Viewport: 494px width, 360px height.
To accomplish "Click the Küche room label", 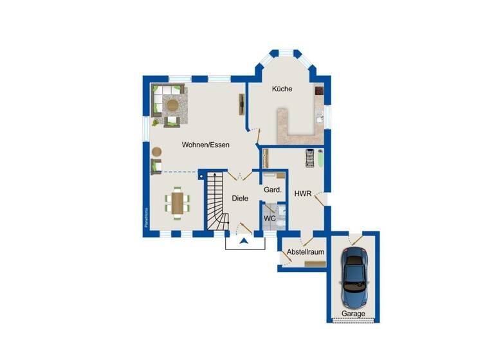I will [x=282, y=89].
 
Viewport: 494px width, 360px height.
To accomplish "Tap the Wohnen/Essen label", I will [x=205, y=145].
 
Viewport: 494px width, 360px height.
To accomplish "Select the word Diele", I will [x=240, y=199].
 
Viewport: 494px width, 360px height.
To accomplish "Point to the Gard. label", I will [x=273, y=190].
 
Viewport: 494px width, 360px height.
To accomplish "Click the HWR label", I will [x=302, y=193].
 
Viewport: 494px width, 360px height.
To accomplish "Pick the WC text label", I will [x=270, y=219].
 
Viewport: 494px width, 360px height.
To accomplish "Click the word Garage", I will [x=353, y=314].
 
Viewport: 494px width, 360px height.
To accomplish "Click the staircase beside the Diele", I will [x=216, y=203].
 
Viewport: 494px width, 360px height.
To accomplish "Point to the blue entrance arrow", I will [x=244, y=242].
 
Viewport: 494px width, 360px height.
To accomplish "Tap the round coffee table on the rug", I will [x=172, y=104].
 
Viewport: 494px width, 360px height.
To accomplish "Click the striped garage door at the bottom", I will [x=353, y=321].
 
